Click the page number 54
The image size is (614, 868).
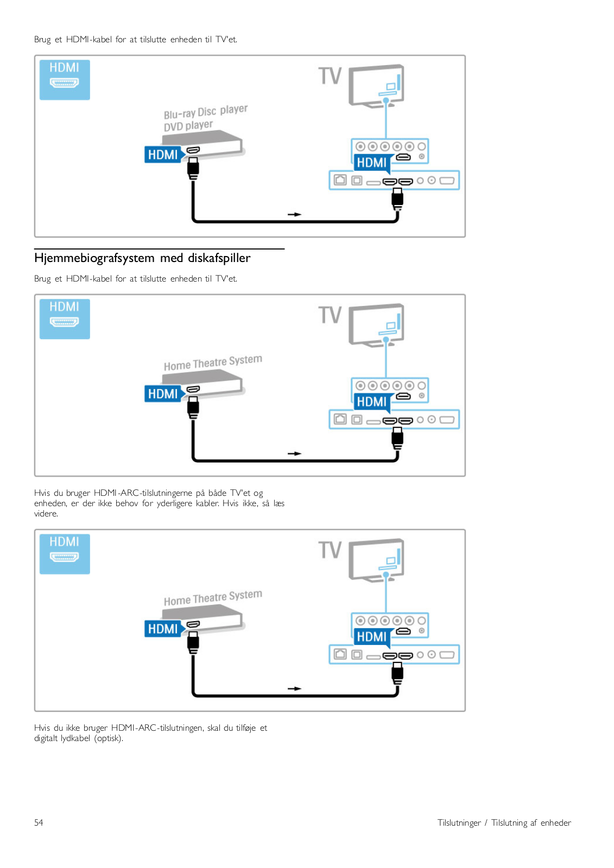pyautogui.click(x=39, y=822)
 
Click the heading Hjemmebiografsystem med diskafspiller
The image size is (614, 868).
pyautogui.click(x=142, y=258)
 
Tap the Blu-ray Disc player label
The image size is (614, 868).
pyautogui.click(x=206, y=112)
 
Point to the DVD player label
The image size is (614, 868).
pyautogui.click(x=188, y=126)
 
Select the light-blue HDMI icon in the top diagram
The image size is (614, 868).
pyautogui.click(x=65, y=80)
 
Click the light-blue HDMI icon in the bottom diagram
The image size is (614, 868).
pyautogui.click(x=65, y=554)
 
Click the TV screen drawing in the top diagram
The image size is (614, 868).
pyautogui.click(x=376, y=85)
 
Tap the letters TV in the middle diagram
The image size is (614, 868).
pyautogui.click(x=330, y=315)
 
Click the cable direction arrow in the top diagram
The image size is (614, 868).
pyautogui.click(x=294, y=215)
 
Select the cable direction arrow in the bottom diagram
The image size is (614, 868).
pyautogui.click(x=294, y=689)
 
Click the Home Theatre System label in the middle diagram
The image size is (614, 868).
pyautogui.click(x=213, y=363)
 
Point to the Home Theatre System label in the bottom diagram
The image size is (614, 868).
pyautogui.click(x=213, y=598)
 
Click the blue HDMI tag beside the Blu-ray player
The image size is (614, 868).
pyautogui.click(x=163, y=155)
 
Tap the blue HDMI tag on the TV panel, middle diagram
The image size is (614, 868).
pyautogui.click(x=372, y=402)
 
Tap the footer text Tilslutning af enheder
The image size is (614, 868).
pyautogui.click(x=531, y=822)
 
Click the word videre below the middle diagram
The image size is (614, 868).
pyautogui.click(x=46, y=514)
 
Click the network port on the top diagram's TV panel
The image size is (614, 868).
pyautogui.click(x=340, y=180)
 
